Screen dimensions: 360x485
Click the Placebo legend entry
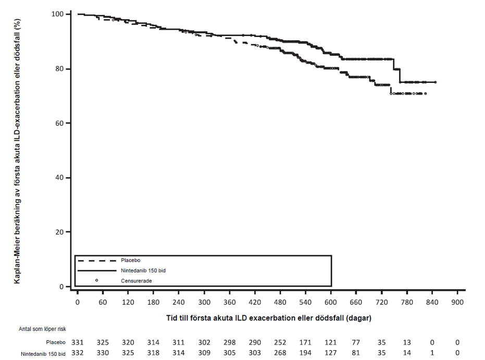130,260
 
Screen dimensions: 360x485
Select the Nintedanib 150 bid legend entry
143,270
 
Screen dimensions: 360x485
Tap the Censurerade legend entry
136,280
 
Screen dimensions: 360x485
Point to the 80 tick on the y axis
68,69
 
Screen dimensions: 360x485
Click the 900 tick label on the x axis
457,303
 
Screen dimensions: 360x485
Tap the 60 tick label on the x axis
103,303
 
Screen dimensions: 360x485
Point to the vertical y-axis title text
18,151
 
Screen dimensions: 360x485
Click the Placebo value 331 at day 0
78,342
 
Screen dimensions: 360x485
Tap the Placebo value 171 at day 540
306,342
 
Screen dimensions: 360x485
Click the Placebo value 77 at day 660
356,342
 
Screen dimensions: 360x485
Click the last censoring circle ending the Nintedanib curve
436,82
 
